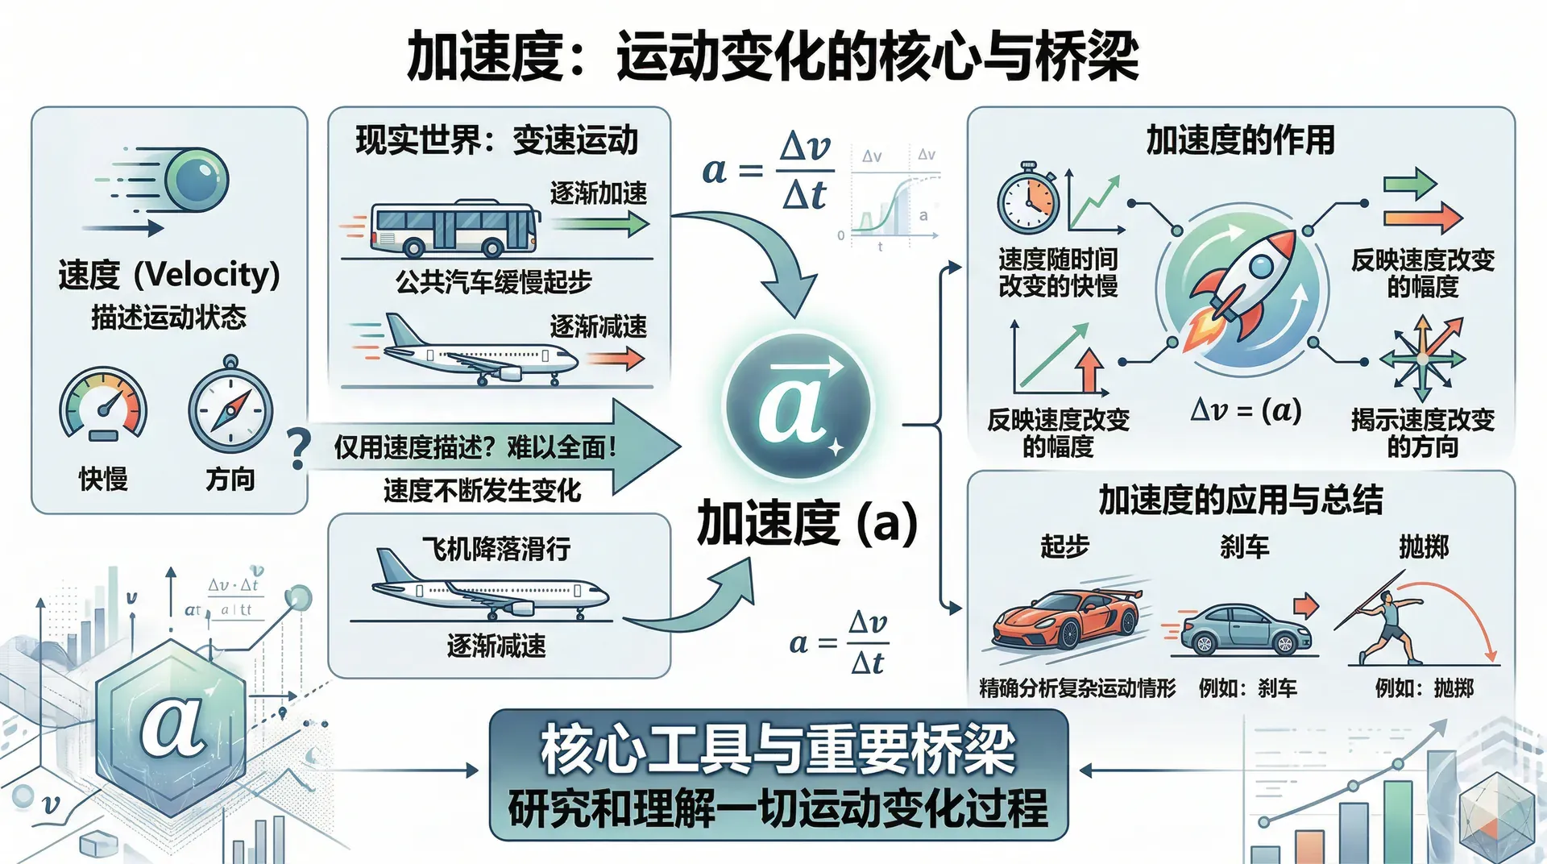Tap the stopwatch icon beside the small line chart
pos(1027,199)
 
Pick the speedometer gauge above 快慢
pos(103,405)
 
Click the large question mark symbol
pos(298,449)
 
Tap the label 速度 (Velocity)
pos(169,275)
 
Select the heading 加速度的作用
pos(1240,140)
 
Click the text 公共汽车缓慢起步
pos(493,282)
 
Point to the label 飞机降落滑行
pos(496,549)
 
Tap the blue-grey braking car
pos(1245,629)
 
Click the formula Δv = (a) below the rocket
pos(1246,411)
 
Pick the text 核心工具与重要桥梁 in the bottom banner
pos(778,749)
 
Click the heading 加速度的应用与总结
pos(1240,500)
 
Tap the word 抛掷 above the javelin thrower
pos(1424,547)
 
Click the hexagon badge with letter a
pos(171,725)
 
